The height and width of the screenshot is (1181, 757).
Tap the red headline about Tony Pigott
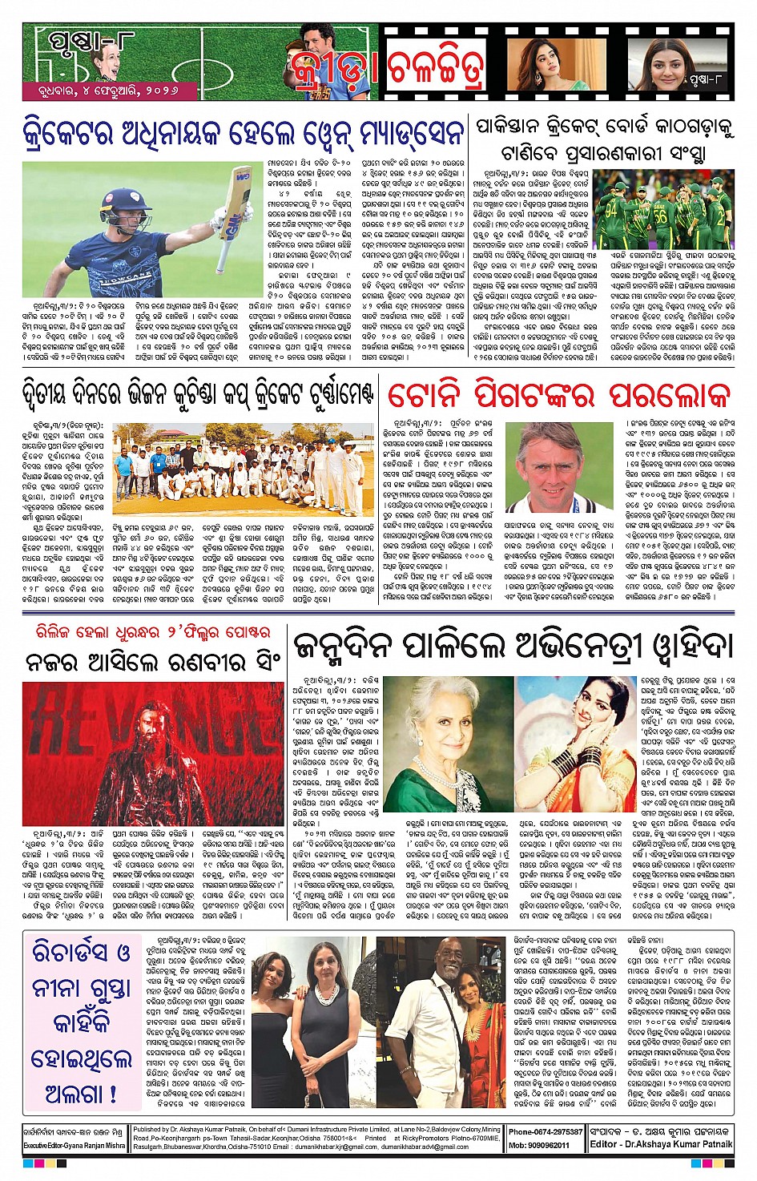(559, 396)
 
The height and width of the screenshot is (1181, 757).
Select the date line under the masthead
(101, 91)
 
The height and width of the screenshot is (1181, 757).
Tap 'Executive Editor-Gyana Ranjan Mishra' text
(74, 1147)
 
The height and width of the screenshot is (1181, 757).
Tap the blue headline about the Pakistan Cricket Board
(606, 139)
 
